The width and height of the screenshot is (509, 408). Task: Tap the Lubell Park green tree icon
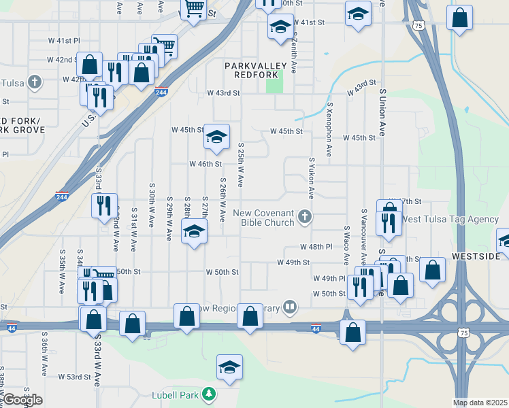[211, 394]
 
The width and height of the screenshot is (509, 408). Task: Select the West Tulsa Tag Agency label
[449, 219]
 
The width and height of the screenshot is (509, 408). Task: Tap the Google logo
[22, 400]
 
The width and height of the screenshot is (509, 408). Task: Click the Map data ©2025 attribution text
[480, 403]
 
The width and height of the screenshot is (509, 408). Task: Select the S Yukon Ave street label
[312, 178]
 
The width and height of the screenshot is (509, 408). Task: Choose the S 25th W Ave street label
[240, 165]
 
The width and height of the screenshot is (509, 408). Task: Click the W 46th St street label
[206, 164]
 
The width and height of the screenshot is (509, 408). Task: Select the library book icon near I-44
[291, 307]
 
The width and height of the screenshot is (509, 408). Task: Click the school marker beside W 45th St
[216, 138]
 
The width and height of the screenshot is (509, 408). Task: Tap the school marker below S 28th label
[194, 233]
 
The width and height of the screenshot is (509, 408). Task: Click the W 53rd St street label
[74, 376]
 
